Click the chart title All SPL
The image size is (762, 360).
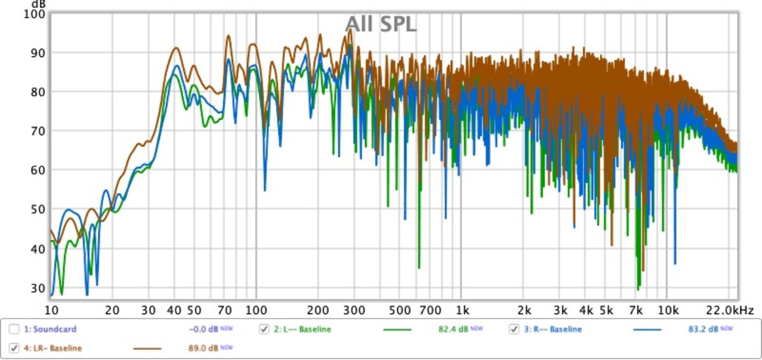380,24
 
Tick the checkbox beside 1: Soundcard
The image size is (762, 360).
14,329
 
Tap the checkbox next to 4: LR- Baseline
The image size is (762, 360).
14,348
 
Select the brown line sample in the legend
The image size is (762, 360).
148,349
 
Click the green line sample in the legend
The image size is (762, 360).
398,330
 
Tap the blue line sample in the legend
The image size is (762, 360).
648,330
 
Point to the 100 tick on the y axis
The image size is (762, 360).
36,13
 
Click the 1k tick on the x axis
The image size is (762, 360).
462,310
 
